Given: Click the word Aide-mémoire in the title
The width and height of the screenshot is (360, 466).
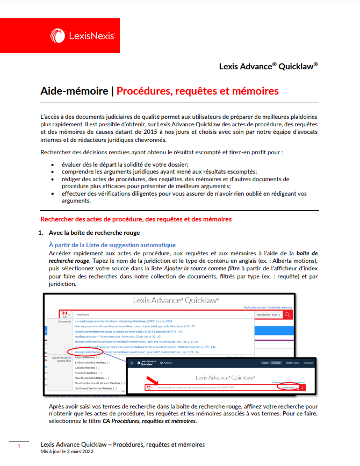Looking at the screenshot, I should tap(74, 91).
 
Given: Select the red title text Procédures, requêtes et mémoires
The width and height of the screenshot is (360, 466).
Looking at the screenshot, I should tap(198, 91).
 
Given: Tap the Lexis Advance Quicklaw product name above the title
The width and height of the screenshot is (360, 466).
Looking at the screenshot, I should tap(268, 67).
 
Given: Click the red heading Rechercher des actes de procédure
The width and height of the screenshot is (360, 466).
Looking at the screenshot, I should tap(136, 219).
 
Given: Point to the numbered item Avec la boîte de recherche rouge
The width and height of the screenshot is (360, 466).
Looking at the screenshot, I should tap(94, 233).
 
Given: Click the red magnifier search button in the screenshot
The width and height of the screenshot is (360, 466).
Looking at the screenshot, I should tap(289, 314).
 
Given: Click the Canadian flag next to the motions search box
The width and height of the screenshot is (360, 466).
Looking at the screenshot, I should tap(65, 313).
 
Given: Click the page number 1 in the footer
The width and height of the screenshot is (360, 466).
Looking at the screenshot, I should tap(19, 446).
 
